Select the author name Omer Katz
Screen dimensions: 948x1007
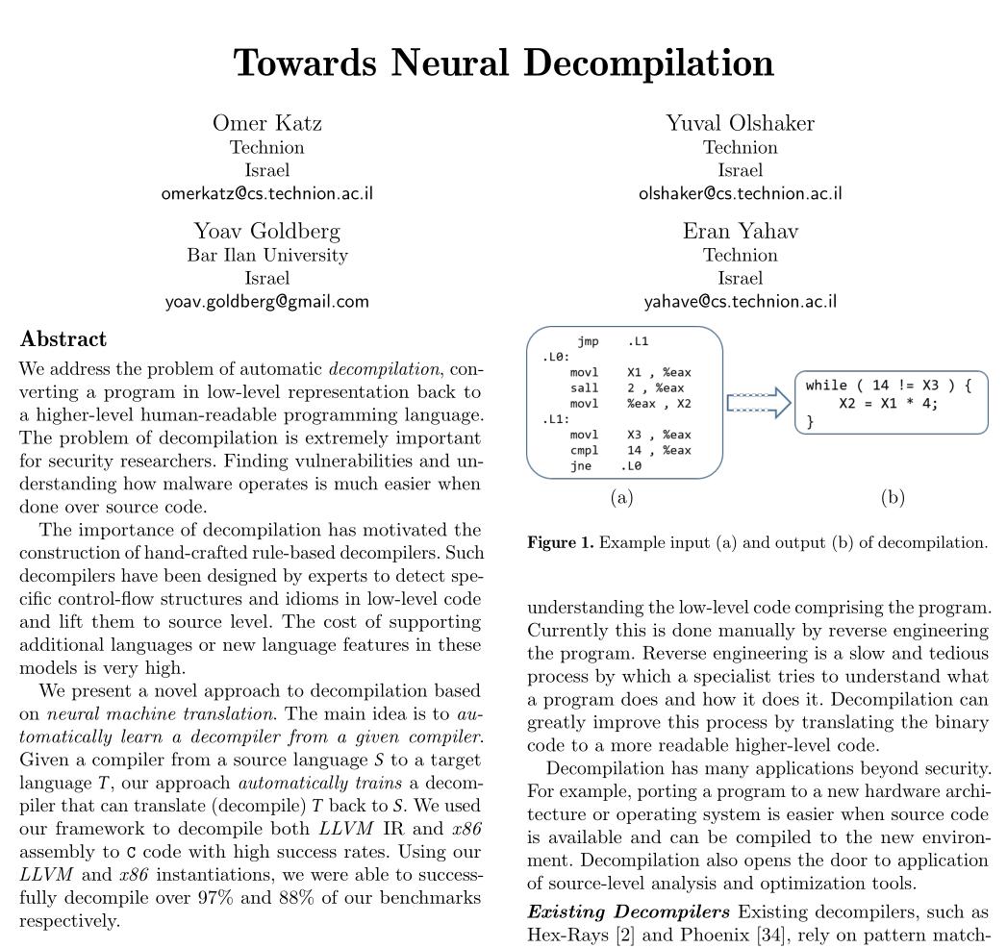point(266,123)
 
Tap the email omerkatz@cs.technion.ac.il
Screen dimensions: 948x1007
point(266,193)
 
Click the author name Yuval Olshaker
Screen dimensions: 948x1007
point(740,123)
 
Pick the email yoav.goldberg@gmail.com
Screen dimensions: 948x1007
point(266,301)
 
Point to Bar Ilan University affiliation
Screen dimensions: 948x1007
point(266,255)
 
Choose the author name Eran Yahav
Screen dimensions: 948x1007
point(740,231)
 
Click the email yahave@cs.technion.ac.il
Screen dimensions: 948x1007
point(740,301)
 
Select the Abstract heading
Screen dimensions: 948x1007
point(63,339)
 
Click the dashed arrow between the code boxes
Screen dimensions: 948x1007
point(758,403)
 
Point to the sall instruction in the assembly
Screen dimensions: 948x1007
point(584,387)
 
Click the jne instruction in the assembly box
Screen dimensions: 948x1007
point(580,465)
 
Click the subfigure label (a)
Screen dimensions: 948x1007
point(621,498)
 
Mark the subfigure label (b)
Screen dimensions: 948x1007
point(892,498)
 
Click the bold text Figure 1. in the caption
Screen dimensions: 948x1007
point(560,543)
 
